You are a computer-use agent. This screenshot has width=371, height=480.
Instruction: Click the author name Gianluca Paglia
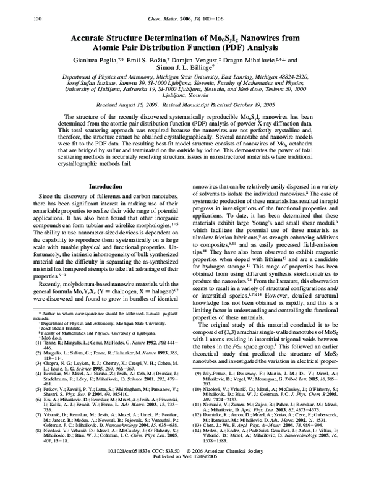109,48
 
